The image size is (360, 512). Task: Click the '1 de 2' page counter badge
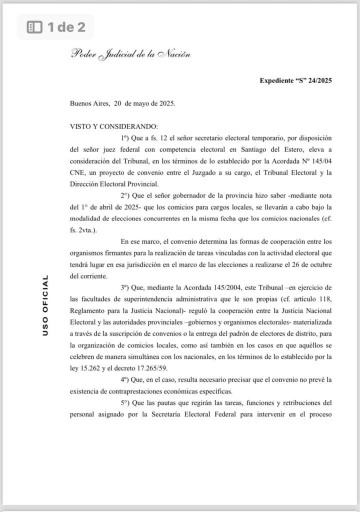[55, 27]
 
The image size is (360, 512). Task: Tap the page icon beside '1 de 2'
[34, 27]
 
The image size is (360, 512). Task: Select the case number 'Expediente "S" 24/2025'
[296, 80]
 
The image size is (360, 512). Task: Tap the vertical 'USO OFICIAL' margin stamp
[45, 304]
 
